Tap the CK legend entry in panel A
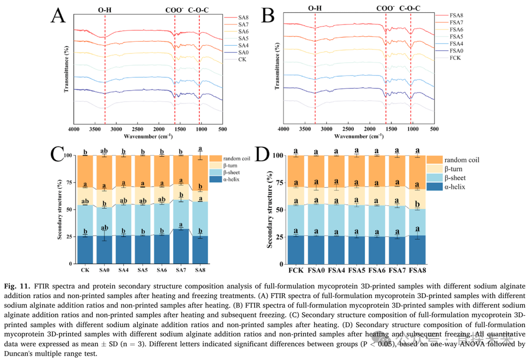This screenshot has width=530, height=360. [241, 59]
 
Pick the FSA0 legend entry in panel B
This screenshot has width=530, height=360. [456, 51]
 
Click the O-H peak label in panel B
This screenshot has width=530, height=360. [315, 8]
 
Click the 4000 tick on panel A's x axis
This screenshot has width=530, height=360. [74, 129]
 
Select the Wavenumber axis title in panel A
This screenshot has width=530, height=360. [148, 136]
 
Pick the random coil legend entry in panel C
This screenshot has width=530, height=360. [235, 158]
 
